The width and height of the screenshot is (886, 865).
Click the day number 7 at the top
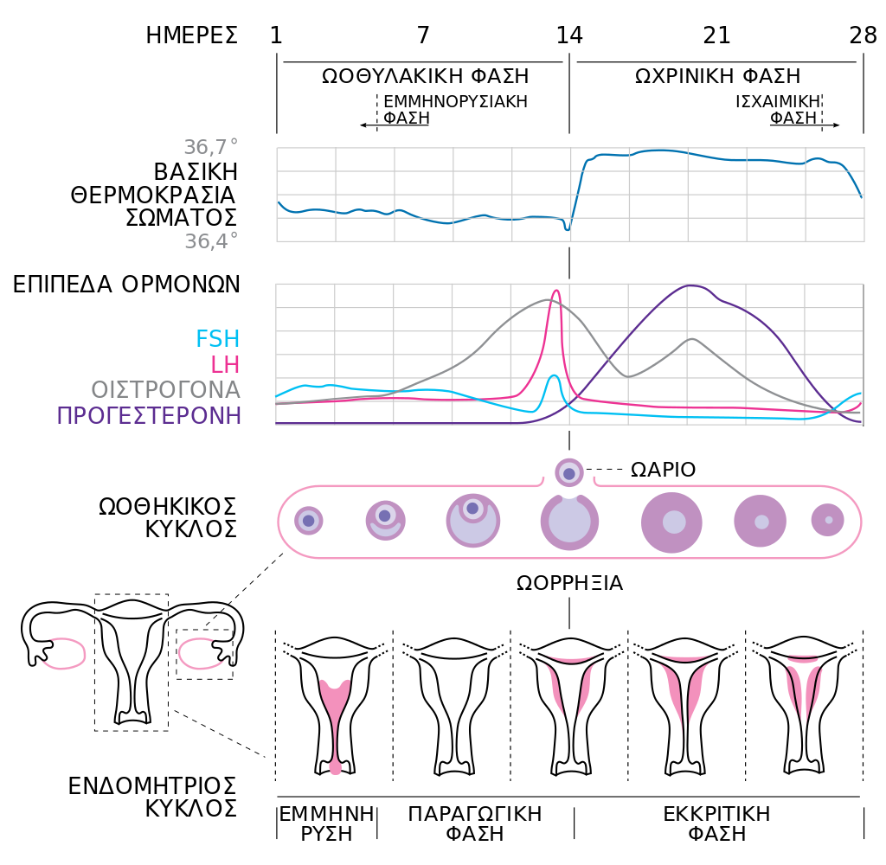[423, 35]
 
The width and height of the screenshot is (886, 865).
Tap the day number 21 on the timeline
[716, 35]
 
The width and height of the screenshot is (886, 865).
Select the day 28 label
[863, 35]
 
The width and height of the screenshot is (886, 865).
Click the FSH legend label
[217, 339]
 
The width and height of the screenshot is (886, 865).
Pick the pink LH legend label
[225, 365]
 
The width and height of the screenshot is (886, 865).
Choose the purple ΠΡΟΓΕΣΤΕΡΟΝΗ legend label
[149, 416]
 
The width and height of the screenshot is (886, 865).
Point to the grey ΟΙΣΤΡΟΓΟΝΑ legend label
[166, 390]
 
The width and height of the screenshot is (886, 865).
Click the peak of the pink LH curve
[556, 291]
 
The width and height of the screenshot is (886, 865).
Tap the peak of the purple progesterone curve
[690, 286]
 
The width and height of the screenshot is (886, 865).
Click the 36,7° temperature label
[211, 147]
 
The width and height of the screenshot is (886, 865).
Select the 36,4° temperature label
[211, 241]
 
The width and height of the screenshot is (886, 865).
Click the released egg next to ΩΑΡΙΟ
[569, 473]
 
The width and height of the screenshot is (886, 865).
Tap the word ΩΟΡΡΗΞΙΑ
[569, 583]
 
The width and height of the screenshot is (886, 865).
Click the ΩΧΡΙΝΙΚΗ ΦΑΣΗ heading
[717, 76]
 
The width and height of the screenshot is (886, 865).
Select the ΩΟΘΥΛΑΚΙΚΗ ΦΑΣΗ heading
[425, 76]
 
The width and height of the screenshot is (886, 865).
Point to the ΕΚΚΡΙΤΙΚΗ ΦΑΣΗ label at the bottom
[716, 823]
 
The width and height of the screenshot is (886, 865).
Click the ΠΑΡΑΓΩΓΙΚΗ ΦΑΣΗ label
[475, 823]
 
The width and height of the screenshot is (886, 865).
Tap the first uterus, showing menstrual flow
[335, 706]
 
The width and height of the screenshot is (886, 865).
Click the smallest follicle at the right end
[828, 520]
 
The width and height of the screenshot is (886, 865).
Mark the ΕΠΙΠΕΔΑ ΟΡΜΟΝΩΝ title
[126, 285]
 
